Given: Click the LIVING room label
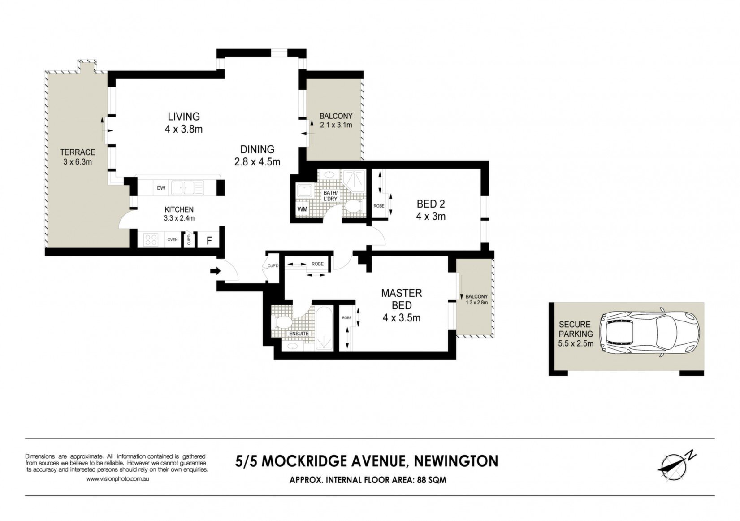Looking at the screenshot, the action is (x=184, y=117).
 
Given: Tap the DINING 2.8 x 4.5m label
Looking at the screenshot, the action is (x=257, y=156).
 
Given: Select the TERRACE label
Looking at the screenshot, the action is (x=78, y=152).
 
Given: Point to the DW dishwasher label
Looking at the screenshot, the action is (x=161, y=188).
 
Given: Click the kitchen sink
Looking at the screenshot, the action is (x=188, y=188).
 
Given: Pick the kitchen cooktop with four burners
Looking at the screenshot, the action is (x=151, y=239).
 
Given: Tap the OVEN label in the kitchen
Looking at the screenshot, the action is (x=173, y=239).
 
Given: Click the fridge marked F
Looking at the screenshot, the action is (x=209, y=240).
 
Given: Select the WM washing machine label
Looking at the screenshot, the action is (x=302, y=209).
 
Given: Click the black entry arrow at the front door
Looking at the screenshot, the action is (x=215, y=271).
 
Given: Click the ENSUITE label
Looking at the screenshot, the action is (x=299, y=334).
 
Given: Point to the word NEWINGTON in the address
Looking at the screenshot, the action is (x=456, y=461).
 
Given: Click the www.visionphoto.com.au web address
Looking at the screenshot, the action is (x=117, y=479).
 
